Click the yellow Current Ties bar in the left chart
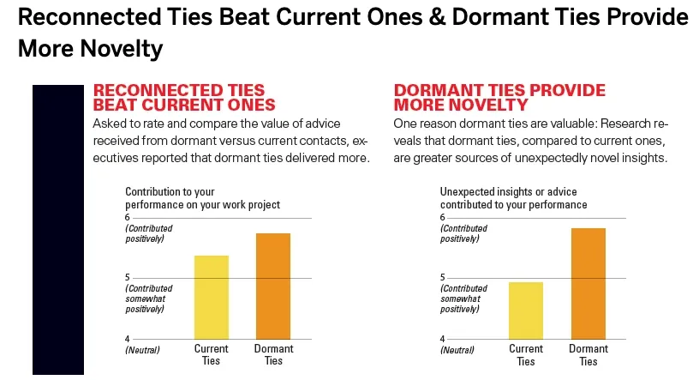[212, 298]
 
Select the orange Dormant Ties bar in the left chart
[273, 287]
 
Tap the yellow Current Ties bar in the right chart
[526, 311]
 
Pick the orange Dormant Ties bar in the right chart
[588, 284]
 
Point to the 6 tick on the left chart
[128, 218]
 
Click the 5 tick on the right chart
[443, 278]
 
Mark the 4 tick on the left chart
[128, 339]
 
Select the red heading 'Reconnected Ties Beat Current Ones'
[184, 97]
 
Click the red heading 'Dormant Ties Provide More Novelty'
[499, 97]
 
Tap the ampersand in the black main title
[439, 17]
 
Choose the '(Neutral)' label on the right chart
[457, 350]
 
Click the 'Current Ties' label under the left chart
[212, 354]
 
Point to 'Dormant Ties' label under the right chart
[588, 355]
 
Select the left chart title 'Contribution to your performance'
[202, 198]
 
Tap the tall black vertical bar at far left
[58, 230]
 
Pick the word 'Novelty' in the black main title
[122, 49]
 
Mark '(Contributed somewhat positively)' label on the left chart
[148, 299]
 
